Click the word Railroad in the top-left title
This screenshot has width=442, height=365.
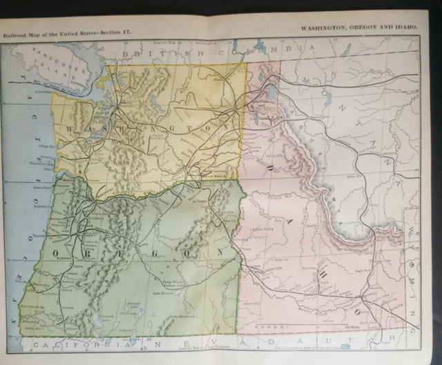coord(16,32)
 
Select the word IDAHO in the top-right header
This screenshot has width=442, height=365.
coord(406,27)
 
